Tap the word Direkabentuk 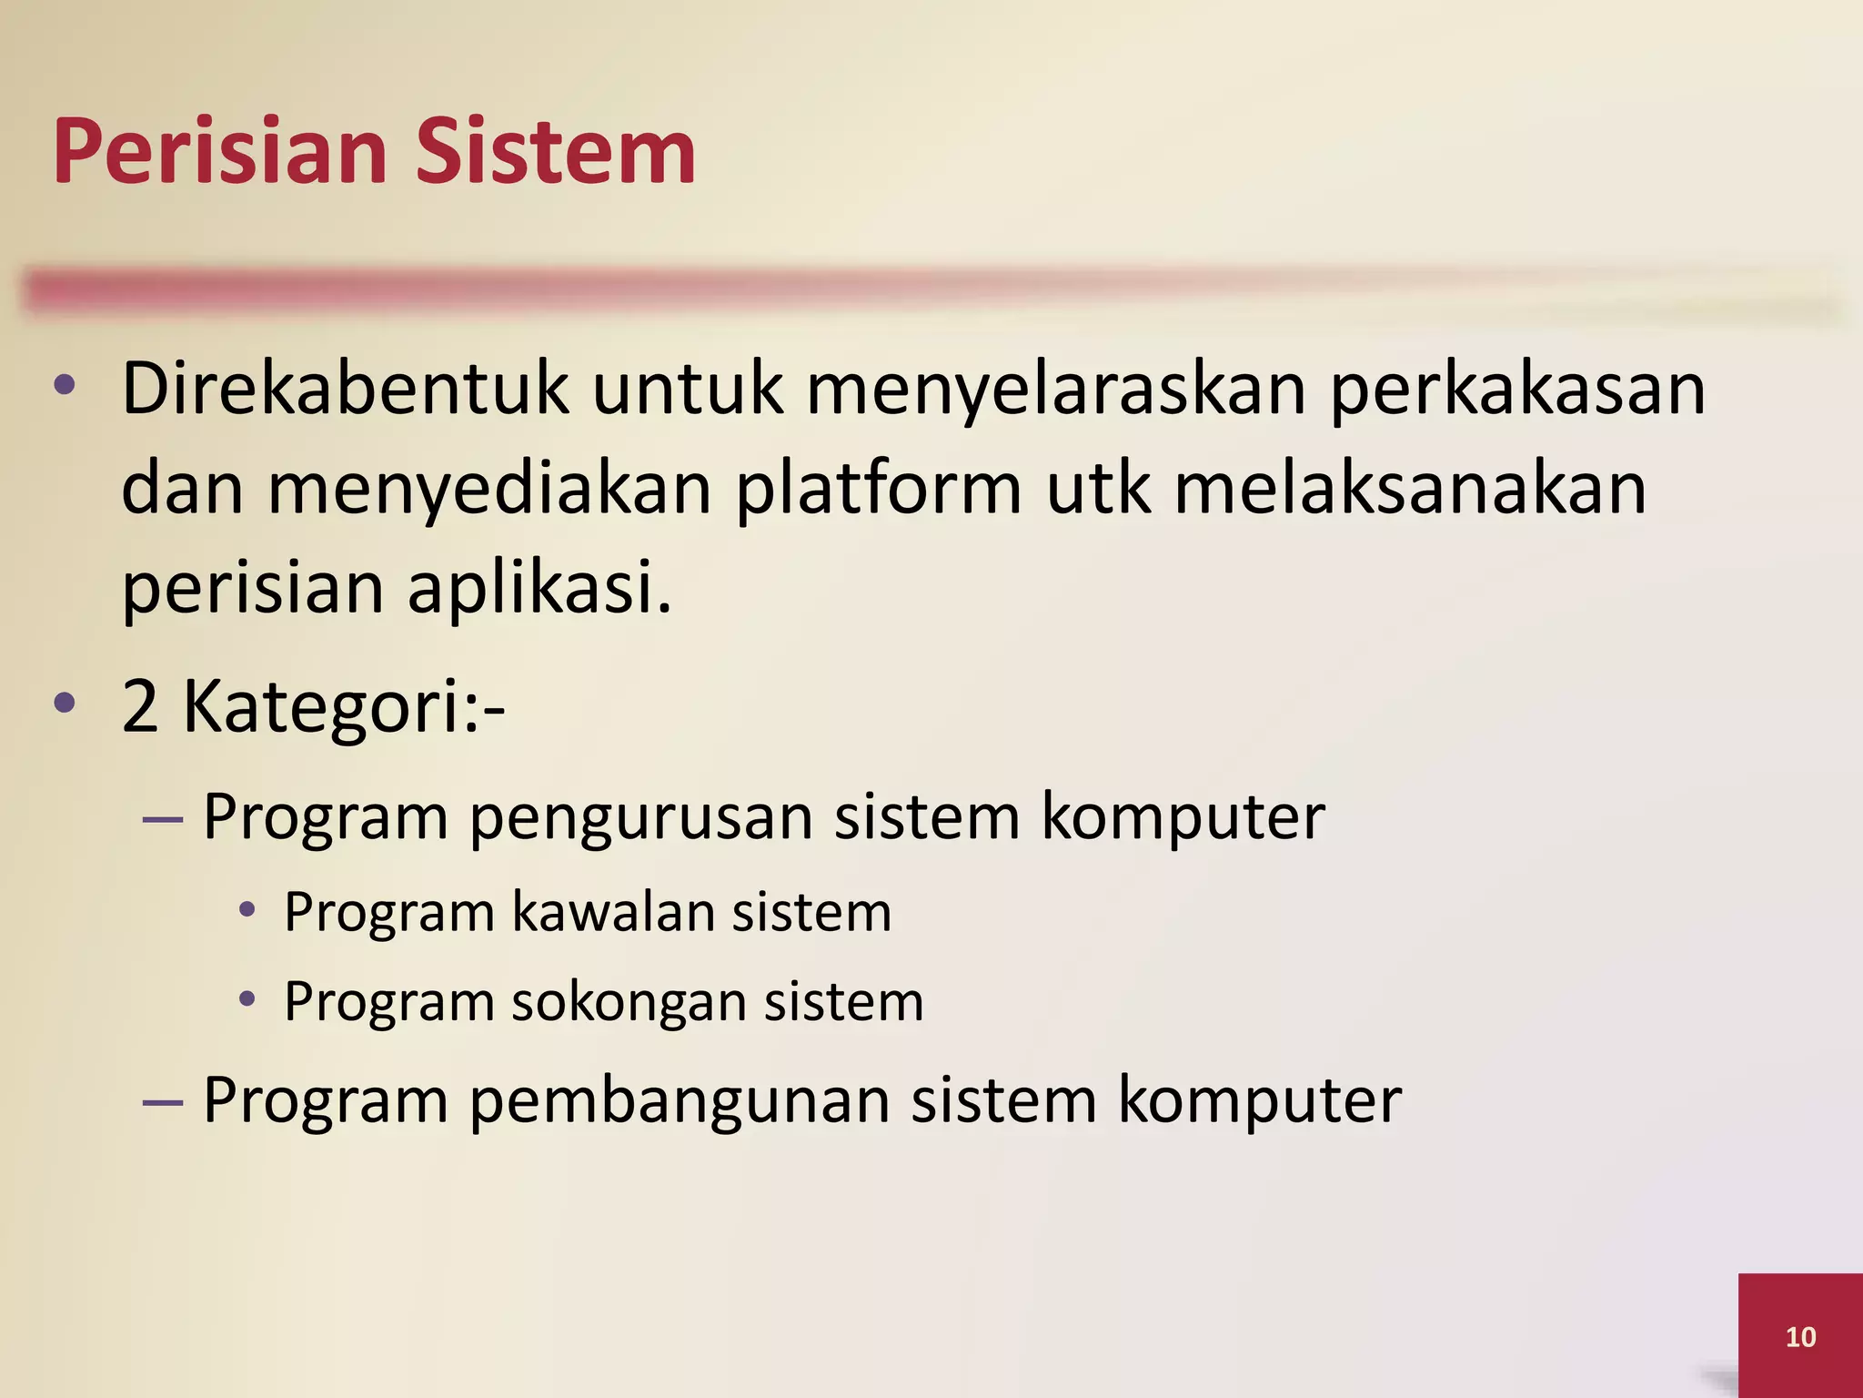[345, 390]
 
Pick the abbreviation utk [1099, 490]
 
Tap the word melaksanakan [1410, 490]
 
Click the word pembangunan [680, 1100]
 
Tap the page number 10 [1800, 1336]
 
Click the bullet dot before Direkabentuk [64, 385]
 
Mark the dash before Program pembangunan [164, 1102]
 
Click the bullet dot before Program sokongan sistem [247, 999]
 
